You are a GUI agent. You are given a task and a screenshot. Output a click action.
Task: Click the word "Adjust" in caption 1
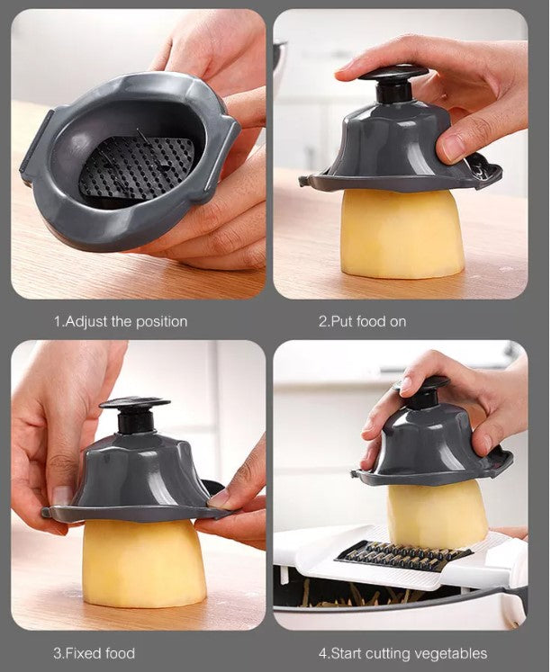coord(86,321)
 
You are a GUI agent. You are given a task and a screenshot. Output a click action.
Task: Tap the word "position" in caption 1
coord(161,322)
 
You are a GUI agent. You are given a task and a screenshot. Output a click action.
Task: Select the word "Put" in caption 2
coord(341,321)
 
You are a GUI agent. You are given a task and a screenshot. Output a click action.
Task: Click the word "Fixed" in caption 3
coord(83,653)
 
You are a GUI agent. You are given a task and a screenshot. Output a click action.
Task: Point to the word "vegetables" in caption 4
coord(454,654)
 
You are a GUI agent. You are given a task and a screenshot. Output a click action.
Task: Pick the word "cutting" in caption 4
coord(391,654)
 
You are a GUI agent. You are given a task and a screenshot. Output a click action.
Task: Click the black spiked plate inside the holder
coord(136,168)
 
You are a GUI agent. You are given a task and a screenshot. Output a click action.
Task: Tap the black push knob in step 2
coord(393,85)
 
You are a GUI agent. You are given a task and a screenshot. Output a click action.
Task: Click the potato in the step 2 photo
coord(402,234)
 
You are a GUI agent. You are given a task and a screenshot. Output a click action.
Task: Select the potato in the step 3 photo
coord(144,562)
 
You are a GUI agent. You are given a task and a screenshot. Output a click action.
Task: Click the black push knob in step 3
coord(135,415)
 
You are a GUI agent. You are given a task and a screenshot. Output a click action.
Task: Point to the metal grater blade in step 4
coord(403,554)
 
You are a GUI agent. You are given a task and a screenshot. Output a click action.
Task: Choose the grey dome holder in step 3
coord(137,478)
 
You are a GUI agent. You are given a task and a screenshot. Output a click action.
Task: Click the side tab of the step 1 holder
coord(36,146)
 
